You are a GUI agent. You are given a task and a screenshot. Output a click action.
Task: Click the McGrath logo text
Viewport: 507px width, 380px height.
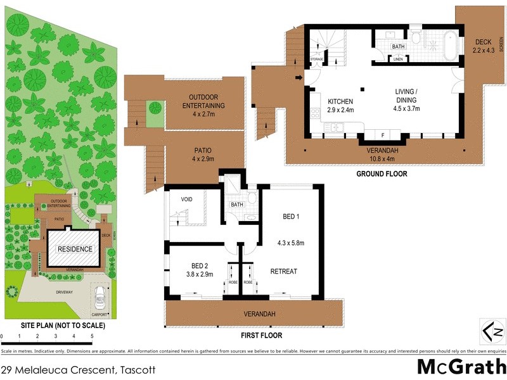[x=461, y=367]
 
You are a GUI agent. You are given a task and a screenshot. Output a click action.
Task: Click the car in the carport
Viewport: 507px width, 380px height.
[x=99, y=295]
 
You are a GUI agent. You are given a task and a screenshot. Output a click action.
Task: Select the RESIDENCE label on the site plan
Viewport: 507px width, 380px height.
[x=75, y=249]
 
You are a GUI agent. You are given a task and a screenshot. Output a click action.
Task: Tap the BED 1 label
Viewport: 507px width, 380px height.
[x=291, y=217]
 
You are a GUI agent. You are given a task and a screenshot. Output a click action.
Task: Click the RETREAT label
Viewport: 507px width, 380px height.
[x=284, y=271]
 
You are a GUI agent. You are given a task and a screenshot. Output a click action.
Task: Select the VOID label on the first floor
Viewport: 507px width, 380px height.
[x=186, y=199]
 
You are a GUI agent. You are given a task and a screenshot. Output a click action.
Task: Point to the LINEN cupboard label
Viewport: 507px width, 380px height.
[x=398, y=59]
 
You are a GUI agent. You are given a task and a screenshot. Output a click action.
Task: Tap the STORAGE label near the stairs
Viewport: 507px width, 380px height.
[x=317, y=60]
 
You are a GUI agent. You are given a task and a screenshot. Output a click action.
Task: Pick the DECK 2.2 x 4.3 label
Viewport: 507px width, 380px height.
[x=483, y=46]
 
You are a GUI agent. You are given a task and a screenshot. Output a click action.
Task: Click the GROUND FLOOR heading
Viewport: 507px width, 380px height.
[x=381, y=174]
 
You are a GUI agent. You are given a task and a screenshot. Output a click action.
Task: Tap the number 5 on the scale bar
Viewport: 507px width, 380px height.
[x=92, y=336]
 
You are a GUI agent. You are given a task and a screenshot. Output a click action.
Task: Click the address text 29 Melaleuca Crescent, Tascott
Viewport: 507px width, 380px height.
[x=77, y=369]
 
